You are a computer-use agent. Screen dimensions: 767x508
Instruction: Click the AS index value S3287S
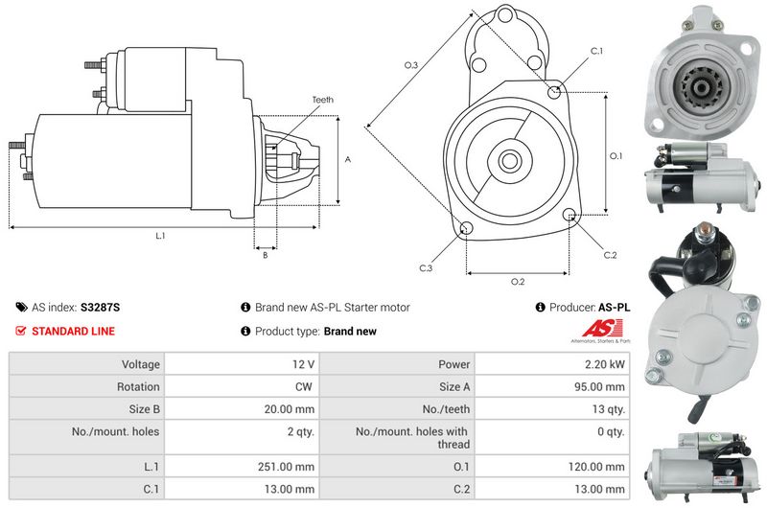pos(100,308)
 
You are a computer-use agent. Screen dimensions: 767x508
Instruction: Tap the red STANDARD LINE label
pos(74,331)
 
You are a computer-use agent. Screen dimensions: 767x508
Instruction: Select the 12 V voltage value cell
pos(303,364)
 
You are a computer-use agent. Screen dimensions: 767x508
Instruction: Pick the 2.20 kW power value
pos(605,364)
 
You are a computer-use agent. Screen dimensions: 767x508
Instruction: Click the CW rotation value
pos(303,386)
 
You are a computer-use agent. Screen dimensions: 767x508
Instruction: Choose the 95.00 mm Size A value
pos(599,386)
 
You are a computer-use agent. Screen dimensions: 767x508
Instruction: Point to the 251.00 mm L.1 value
pos(286,467)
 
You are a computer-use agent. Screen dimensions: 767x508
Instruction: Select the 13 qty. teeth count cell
pos(609,409)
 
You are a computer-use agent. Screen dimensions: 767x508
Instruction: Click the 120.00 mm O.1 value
pos(596,467)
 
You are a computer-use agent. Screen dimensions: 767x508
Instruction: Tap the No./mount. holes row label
pos(115,431)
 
